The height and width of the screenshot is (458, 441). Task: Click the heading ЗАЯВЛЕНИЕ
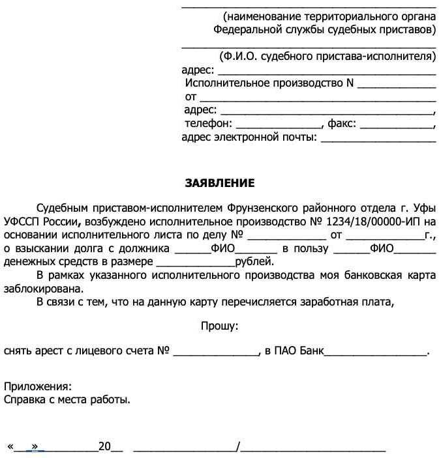pyautogui.click(x=220, y=183)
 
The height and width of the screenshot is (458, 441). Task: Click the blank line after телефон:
pyautogui.click(x=278, y=124)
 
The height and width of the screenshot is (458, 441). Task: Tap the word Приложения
pyautogui.click(x=38, y=386)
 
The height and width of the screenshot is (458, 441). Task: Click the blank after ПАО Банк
pyautogui.click(x=376, y=352)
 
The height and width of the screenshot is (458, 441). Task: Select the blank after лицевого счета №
pyautogui.click(x=216, y=352)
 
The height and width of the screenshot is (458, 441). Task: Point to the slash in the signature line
pyautogui.click(x=239, y=447)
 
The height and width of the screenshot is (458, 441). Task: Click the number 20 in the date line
pyautogui.click(x=104, y=447)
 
